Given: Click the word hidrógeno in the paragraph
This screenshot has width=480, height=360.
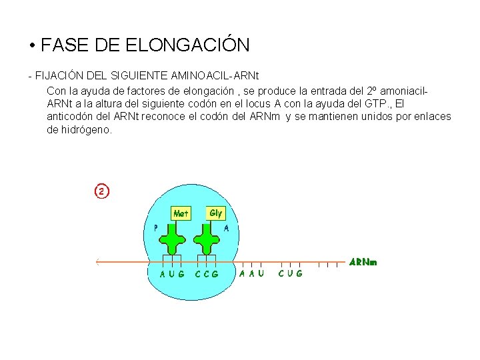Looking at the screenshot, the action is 89,130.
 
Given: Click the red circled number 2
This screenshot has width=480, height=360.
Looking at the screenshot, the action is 101,191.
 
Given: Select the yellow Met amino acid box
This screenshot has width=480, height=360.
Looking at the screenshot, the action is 181,213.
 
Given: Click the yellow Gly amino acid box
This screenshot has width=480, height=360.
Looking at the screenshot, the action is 216,213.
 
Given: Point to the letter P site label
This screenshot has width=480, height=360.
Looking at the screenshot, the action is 156,227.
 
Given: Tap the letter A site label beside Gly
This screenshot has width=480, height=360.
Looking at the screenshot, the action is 227,227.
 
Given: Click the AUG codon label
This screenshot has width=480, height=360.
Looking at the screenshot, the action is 173,273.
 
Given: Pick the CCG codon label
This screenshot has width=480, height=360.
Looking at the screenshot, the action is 207,273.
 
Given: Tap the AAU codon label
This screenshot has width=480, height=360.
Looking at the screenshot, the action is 252,273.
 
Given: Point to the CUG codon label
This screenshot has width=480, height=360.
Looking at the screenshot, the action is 290,273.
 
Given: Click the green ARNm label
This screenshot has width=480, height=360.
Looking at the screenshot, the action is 364,262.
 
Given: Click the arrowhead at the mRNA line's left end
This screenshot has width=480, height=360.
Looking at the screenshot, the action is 97,261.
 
